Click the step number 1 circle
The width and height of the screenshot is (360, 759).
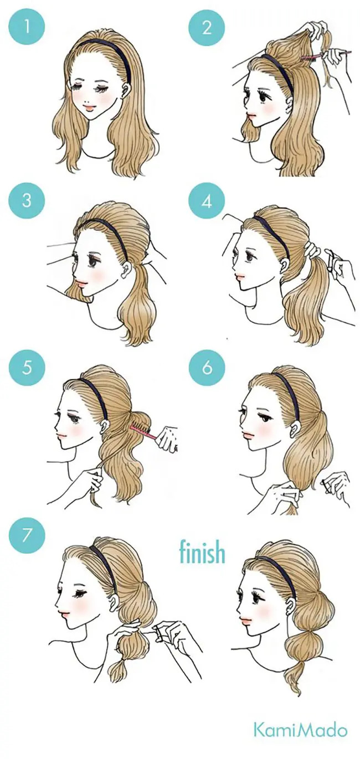(x=27, y=27)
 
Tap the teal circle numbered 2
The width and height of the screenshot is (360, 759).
(x=207, y=27)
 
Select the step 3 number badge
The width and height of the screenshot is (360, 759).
(x=27, y=200)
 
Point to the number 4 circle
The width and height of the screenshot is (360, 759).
(x=207, y=202)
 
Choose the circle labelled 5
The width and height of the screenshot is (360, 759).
(x=27, y=368)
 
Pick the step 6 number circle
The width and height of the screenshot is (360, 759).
(x=207, y=368)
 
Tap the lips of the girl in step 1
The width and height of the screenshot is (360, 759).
(x=90, y=109)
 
